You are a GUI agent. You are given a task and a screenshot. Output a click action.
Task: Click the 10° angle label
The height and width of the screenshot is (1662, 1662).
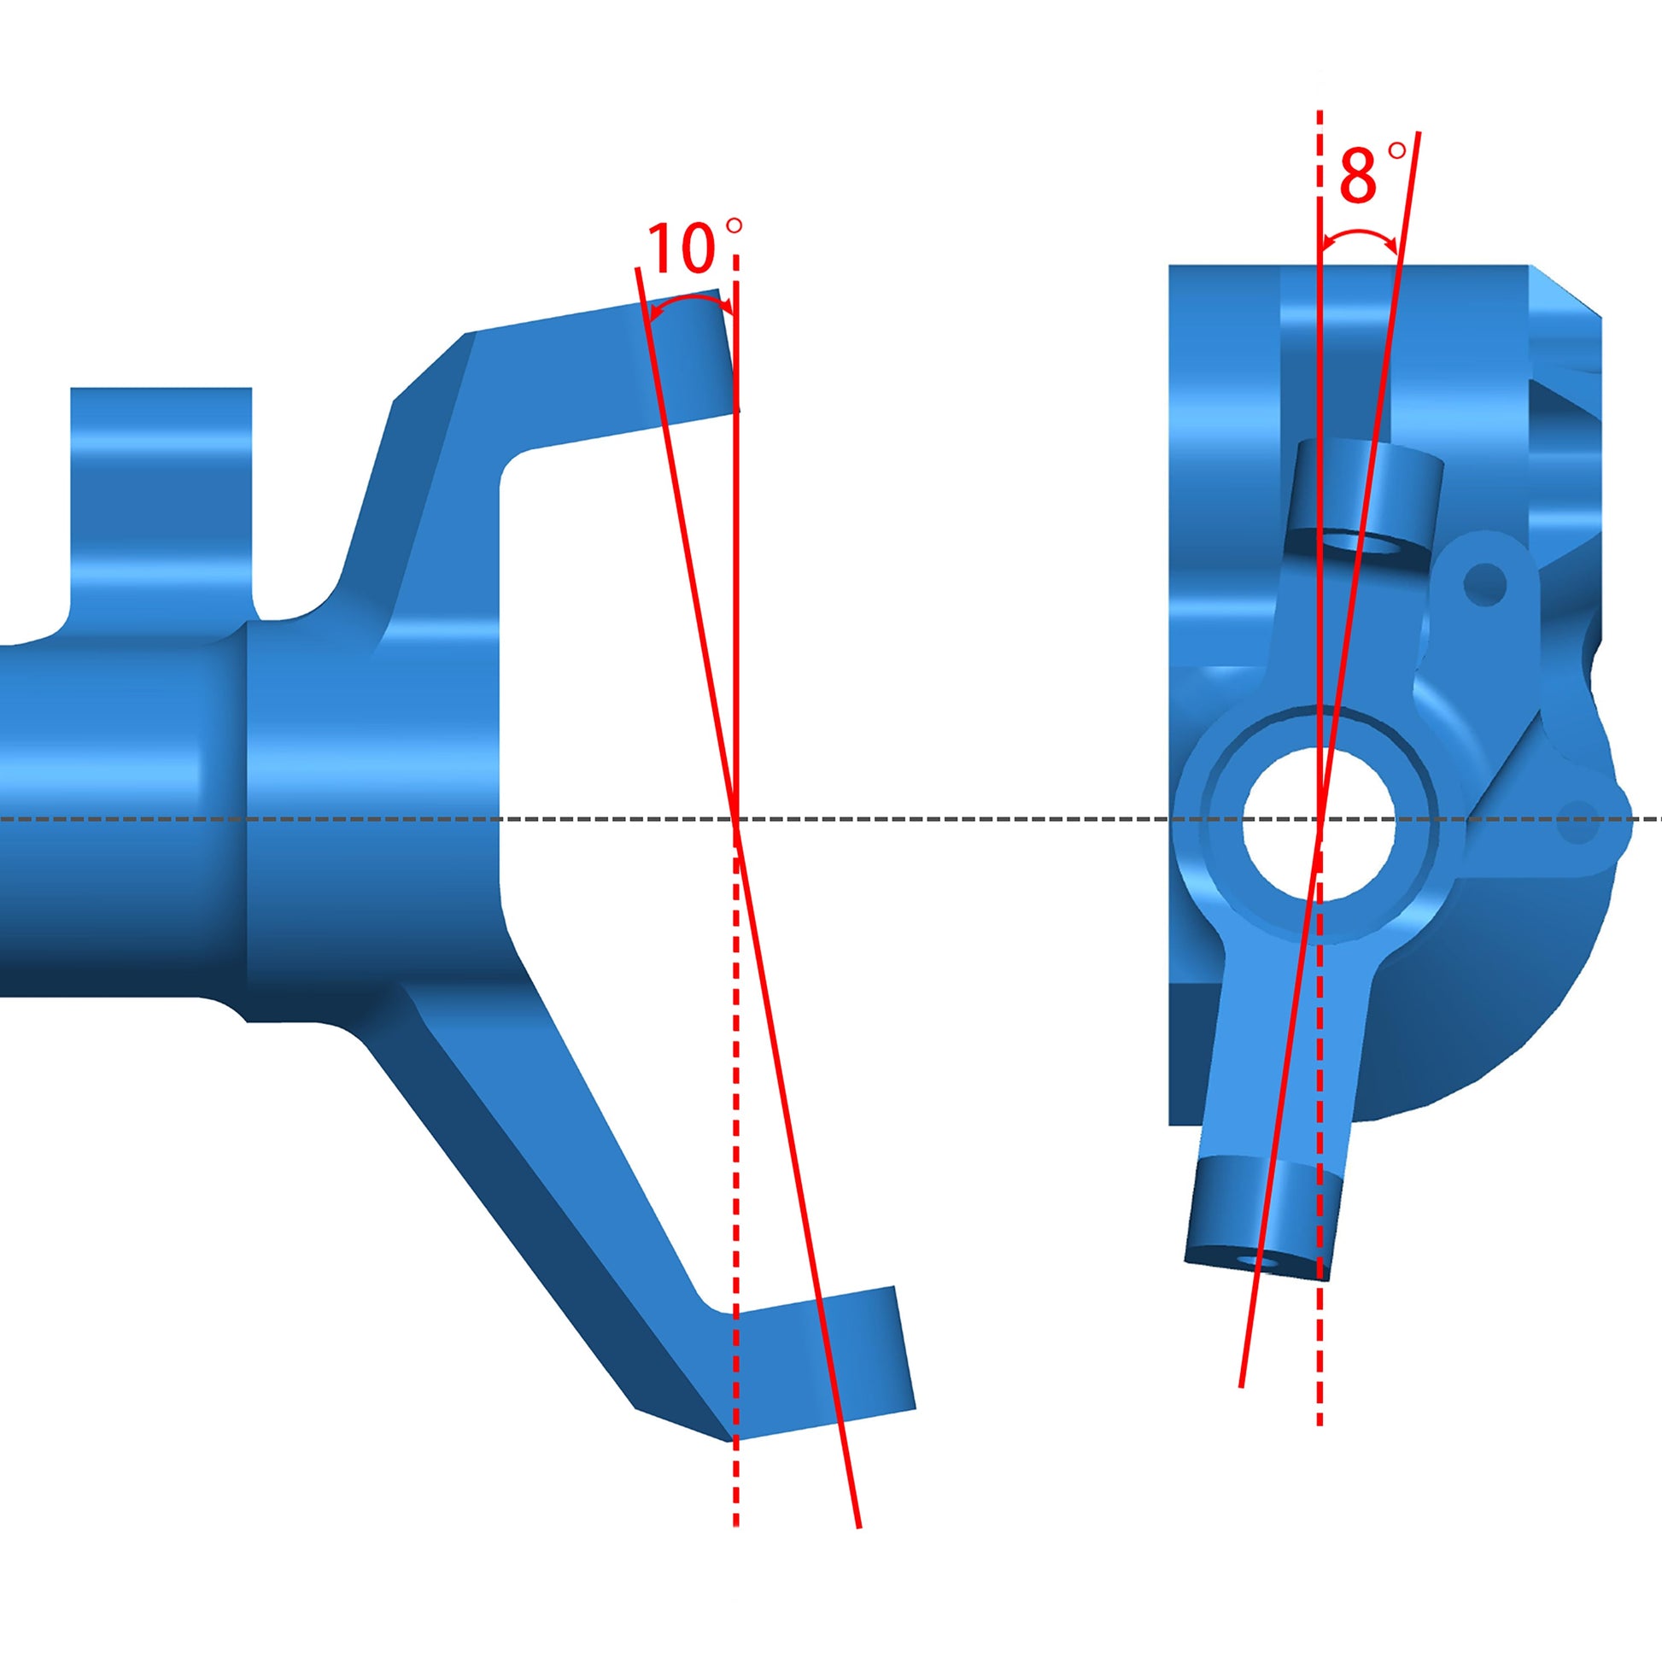point(682,249)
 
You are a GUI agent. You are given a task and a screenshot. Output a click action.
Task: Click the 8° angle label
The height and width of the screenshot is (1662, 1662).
point(1358,176)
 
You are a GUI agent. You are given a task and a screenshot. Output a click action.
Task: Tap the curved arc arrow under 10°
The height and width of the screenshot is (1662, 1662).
point(690,303)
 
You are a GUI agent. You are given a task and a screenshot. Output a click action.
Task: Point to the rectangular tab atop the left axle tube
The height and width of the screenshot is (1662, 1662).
point(161,499)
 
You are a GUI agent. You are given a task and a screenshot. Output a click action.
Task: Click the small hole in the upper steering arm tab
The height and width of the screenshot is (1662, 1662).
point(1485,584)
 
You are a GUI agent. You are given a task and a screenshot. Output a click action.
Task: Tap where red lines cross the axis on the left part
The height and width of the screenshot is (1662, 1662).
point(735,820)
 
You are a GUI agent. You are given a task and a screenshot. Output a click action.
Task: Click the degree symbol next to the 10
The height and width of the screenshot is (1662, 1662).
point(734,226)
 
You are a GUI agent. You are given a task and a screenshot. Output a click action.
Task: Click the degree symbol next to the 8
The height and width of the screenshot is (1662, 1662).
point(1397,151)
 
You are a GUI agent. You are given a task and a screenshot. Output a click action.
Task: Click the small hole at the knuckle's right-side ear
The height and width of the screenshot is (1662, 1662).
point(1577,821)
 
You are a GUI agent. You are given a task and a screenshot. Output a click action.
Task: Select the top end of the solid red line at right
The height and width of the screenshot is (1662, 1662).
point(1418,133)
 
